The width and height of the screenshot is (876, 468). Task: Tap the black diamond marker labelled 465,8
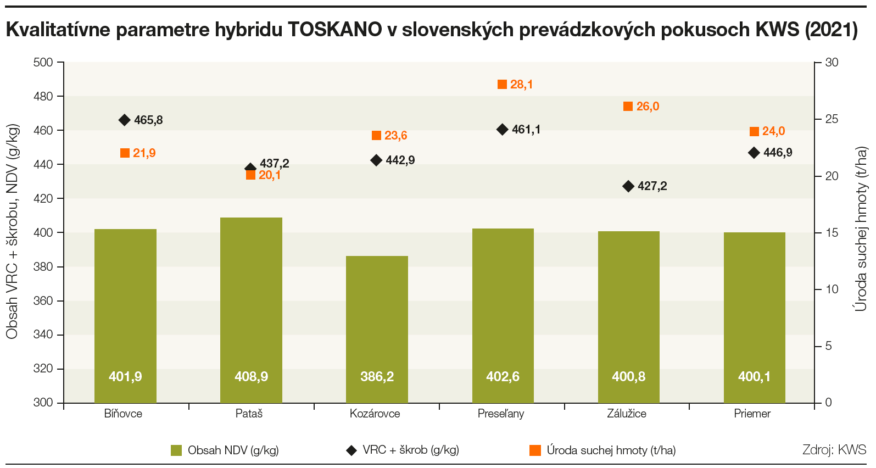pos(125,120)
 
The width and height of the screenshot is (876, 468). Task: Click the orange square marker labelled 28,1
pos(502,84)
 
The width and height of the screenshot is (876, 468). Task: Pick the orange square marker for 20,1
pos(251,175)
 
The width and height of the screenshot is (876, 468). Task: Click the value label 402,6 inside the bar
pos(503,377)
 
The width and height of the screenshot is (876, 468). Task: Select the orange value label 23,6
pos(395,136)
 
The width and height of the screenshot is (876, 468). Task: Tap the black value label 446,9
pos(778,153)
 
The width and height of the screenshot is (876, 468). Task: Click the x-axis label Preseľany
pos(501,414)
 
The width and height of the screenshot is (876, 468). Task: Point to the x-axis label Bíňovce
pos(123,414)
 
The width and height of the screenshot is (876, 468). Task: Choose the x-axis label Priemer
pos(752,414)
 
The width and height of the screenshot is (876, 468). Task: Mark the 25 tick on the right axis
pos(832,119)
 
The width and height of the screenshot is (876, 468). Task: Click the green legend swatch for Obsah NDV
pos(176,450)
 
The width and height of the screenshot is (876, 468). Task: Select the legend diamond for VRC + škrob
pos(351,450)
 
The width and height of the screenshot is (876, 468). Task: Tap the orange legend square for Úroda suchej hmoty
pos(535,450)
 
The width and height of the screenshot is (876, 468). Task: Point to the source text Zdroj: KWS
pos(834,450)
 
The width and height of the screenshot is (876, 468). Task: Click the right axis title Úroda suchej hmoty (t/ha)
pos(861,229)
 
